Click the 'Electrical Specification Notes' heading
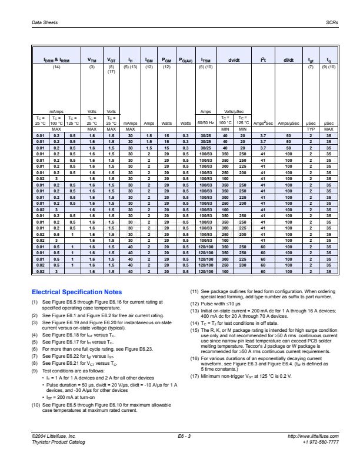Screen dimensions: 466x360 pos(76,291)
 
